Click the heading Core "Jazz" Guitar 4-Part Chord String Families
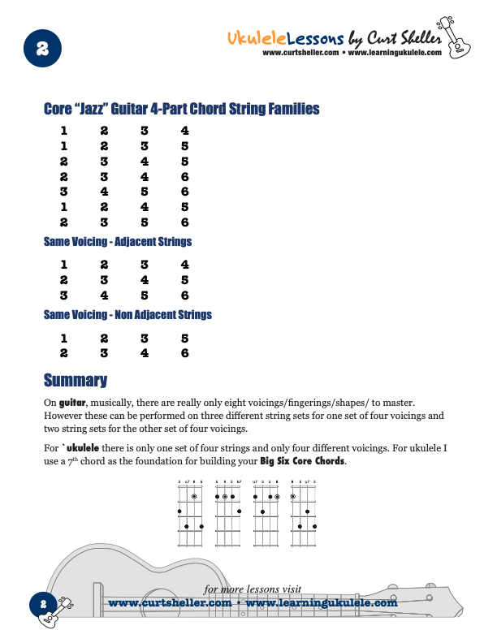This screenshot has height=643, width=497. (x=181, y=109)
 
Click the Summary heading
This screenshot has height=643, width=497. (x=75, y=380)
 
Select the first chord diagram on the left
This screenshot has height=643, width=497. (x=190, y=515)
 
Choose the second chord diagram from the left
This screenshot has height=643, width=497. (x=228, y=515)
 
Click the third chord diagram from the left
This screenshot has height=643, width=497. (x=266, y=515)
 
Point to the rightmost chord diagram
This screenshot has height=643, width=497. (x=304, y=515)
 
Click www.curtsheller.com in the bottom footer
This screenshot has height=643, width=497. (x=170, y=603)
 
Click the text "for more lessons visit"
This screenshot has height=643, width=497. (x=253, y=589)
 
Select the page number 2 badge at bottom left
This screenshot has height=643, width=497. (x=42, y=604)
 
